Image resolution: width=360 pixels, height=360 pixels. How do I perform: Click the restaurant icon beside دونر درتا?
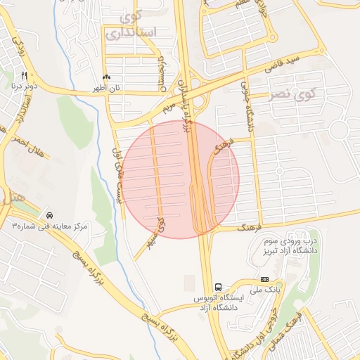click(x=25, y=75)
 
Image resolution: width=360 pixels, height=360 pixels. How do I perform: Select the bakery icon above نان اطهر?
click(x=106, y=77)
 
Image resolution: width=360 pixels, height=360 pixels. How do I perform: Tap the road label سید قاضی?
click(x=283, y=64)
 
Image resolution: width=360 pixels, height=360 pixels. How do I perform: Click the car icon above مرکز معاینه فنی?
click(x=49, y=214)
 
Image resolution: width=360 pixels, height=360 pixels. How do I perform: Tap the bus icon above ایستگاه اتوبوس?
click(x=219, y=287)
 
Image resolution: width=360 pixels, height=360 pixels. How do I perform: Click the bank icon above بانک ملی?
click(x=264, y=279)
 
